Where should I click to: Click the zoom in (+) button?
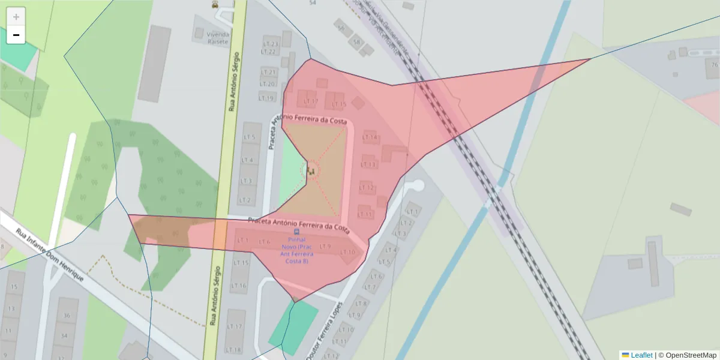[x=16, y=17]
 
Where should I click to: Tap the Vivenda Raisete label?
[x=218, y=38]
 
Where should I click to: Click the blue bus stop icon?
[x=296, y=232]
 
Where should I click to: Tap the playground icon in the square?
[x=311, y=172]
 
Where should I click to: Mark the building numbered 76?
[x=713, y=65]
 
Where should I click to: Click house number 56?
[x=341, y=28]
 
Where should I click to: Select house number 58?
[x=356, y=42]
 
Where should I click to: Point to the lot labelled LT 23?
[x=271, y=44]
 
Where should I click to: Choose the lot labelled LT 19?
[x=267, y=98]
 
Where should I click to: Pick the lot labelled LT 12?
[x=366, y=188]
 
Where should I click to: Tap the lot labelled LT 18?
[x=233, y=350]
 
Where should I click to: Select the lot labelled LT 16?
[x=239, y=286]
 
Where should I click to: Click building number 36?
[x=66, y=316]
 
